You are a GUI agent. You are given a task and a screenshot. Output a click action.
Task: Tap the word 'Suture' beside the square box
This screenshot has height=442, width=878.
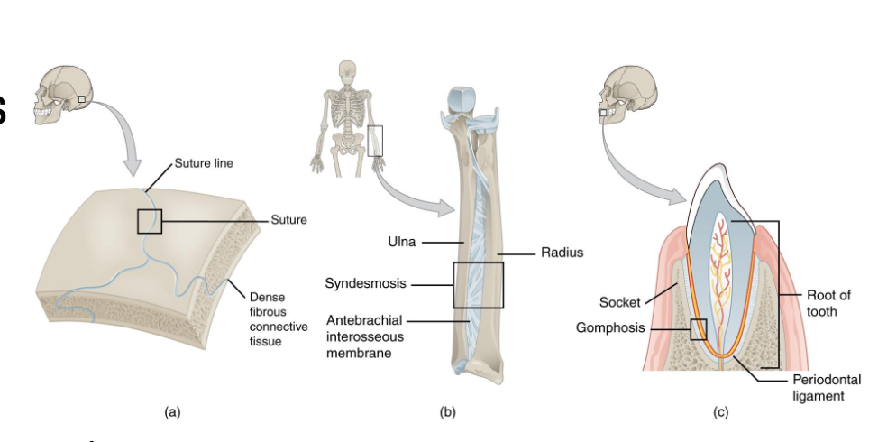pyautogui.click(x=288, y=220)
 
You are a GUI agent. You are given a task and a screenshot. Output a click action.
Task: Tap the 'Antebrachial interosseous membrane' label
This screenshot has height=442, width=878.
pyautogui.click(x=364, y=336)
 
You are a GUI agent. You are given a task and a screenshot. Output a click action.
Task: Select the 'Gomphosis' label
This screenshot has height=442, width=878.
pyautogui.click(x=610, y=327)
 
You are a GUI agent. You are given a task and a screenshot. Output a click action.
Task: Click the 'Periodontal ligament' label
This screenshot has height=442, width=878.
pyautogui.click(x=826, y=388)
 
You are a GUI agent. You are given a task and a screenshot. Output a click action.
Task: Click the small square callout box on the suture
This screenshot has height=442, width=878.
pyautogui.click(x=150, y=221)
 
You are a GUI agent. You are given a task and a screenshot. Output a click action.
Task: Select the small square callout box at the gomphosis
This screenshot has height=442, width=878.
pyautogui.click(x=698, y=330)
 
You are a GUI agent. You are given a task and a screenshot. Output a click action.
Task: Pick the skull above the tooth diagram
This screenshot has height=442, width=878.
pyautogui.click(x=629, y=93)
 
